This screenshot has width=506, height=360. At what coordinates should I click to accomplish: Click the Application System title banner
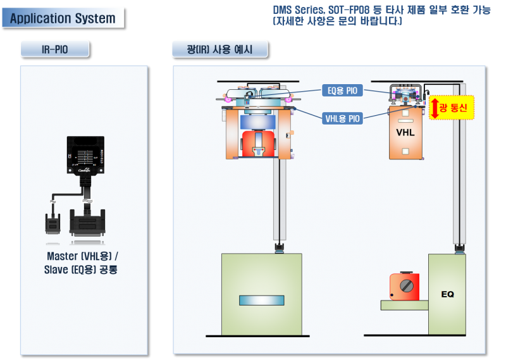tap(63, 18)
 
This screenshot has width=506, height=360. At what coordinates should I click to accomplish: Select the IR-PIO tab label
tap(54, 49)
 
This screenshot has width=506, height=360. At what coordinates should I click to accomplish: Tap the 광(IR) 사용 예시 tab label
tap(219, 49)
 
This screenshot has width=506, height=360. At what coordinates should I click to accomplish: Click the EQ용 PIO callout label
tap(342, 90)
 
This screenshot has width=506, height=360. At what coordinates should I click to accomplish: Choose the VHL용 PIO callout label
tap(342, 118)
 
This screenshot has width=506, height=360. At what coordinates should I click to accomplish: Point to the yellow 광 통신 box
tap(452, 108)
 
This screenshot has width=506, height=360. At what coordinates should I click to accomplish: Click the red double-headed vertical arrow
tap(435, 108)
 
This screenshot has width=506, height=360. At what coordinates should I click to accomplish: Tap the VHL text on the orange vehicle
tap(405, 132)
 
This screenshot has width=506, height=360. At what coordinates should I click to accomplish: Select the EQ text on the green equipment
tap(447, 294)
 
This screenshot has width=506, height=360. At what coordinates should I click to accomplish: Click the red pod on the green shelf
tap(404, 287)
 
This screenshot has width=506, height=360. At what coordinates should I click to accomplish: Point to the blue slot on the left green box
tap(262, 301)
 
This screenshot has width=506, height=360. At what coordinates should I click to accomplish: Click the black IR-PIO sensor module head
tap(85, 156)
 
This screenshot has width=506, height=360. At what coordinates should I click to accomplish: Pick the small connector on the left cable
tap(52, 223)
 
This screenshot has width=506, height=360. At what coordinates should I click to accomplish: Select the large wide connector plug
tap(87, 223)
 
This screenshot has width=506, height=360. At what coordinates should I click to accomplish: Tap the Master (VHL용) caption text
tap(83, 256)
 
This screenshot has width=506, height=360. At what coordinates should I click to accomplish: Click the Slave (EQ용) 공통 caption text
tap(81, 270)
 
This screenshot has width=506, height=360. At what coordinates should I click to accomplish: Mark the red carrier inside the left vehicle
tap(259, 144)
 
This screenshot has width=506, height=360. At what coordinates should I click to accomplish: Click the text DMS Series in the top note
tap(299, 10)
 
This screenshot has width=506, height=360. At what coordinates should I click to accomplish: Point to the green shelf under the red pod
tap(405, 305)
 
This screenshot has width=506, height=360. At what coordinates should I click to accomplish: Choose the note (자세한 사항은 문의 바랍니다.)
tap(338, 22)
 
